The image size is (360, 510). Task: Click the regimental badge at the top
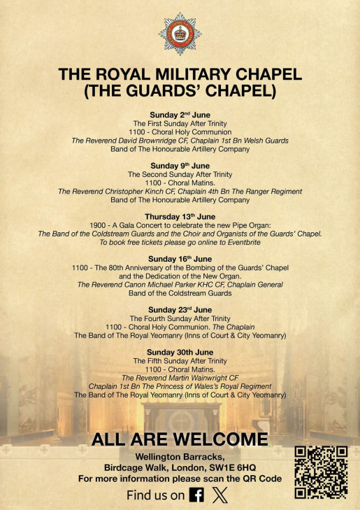point(180,34)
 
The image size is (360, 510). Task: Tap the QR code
point(321,472)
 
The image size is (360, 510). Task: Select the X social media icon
point(219,495)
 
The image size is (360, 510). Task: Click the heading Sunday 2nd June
point(180,114)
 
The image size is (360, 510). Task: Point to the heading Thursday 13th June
point(180,216)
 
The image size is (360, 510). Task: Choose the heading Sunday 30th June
point(180,352)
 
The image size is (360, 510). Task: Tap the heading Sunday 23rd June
point(180,309)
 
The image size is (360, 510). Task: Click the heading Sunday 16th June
point(180,259)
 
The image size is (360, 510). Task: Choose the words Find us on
point(155,495)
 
